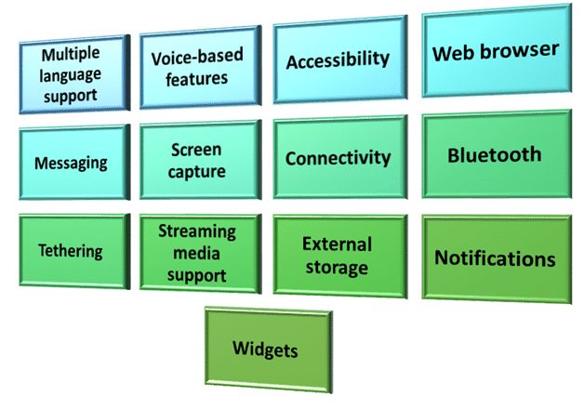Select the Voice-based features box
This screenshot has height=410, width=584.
(x=197, y=66)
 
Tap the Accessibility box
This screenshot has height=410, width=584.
(x=338, y=60)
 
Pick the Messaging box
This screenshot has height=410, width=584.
(x=71, y=163)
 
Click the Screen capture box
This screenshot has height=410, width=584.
(x=197, y=159)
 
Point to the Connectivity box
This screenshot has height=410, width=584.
(x=338, y=158)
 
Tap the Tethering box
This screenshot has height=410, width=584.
(x=71, y=251)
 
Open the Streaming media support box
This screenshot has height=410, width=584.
(x=197, y=252)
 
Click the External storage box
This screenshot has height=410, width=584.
(x=338, y=256)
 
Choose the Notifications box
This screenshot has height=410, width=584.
(x=495, y=258)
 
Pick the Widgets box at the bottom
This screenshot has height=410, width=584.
(x=266, y=350)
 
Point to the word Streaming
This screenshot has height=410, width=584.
(x=197, y=231)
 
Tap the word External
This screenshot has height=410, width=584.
(x=337, y=245)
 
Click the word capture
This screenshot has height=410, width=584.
(x=197, y=170)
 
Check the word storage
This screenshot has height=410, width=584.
(x=337, y=268)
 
